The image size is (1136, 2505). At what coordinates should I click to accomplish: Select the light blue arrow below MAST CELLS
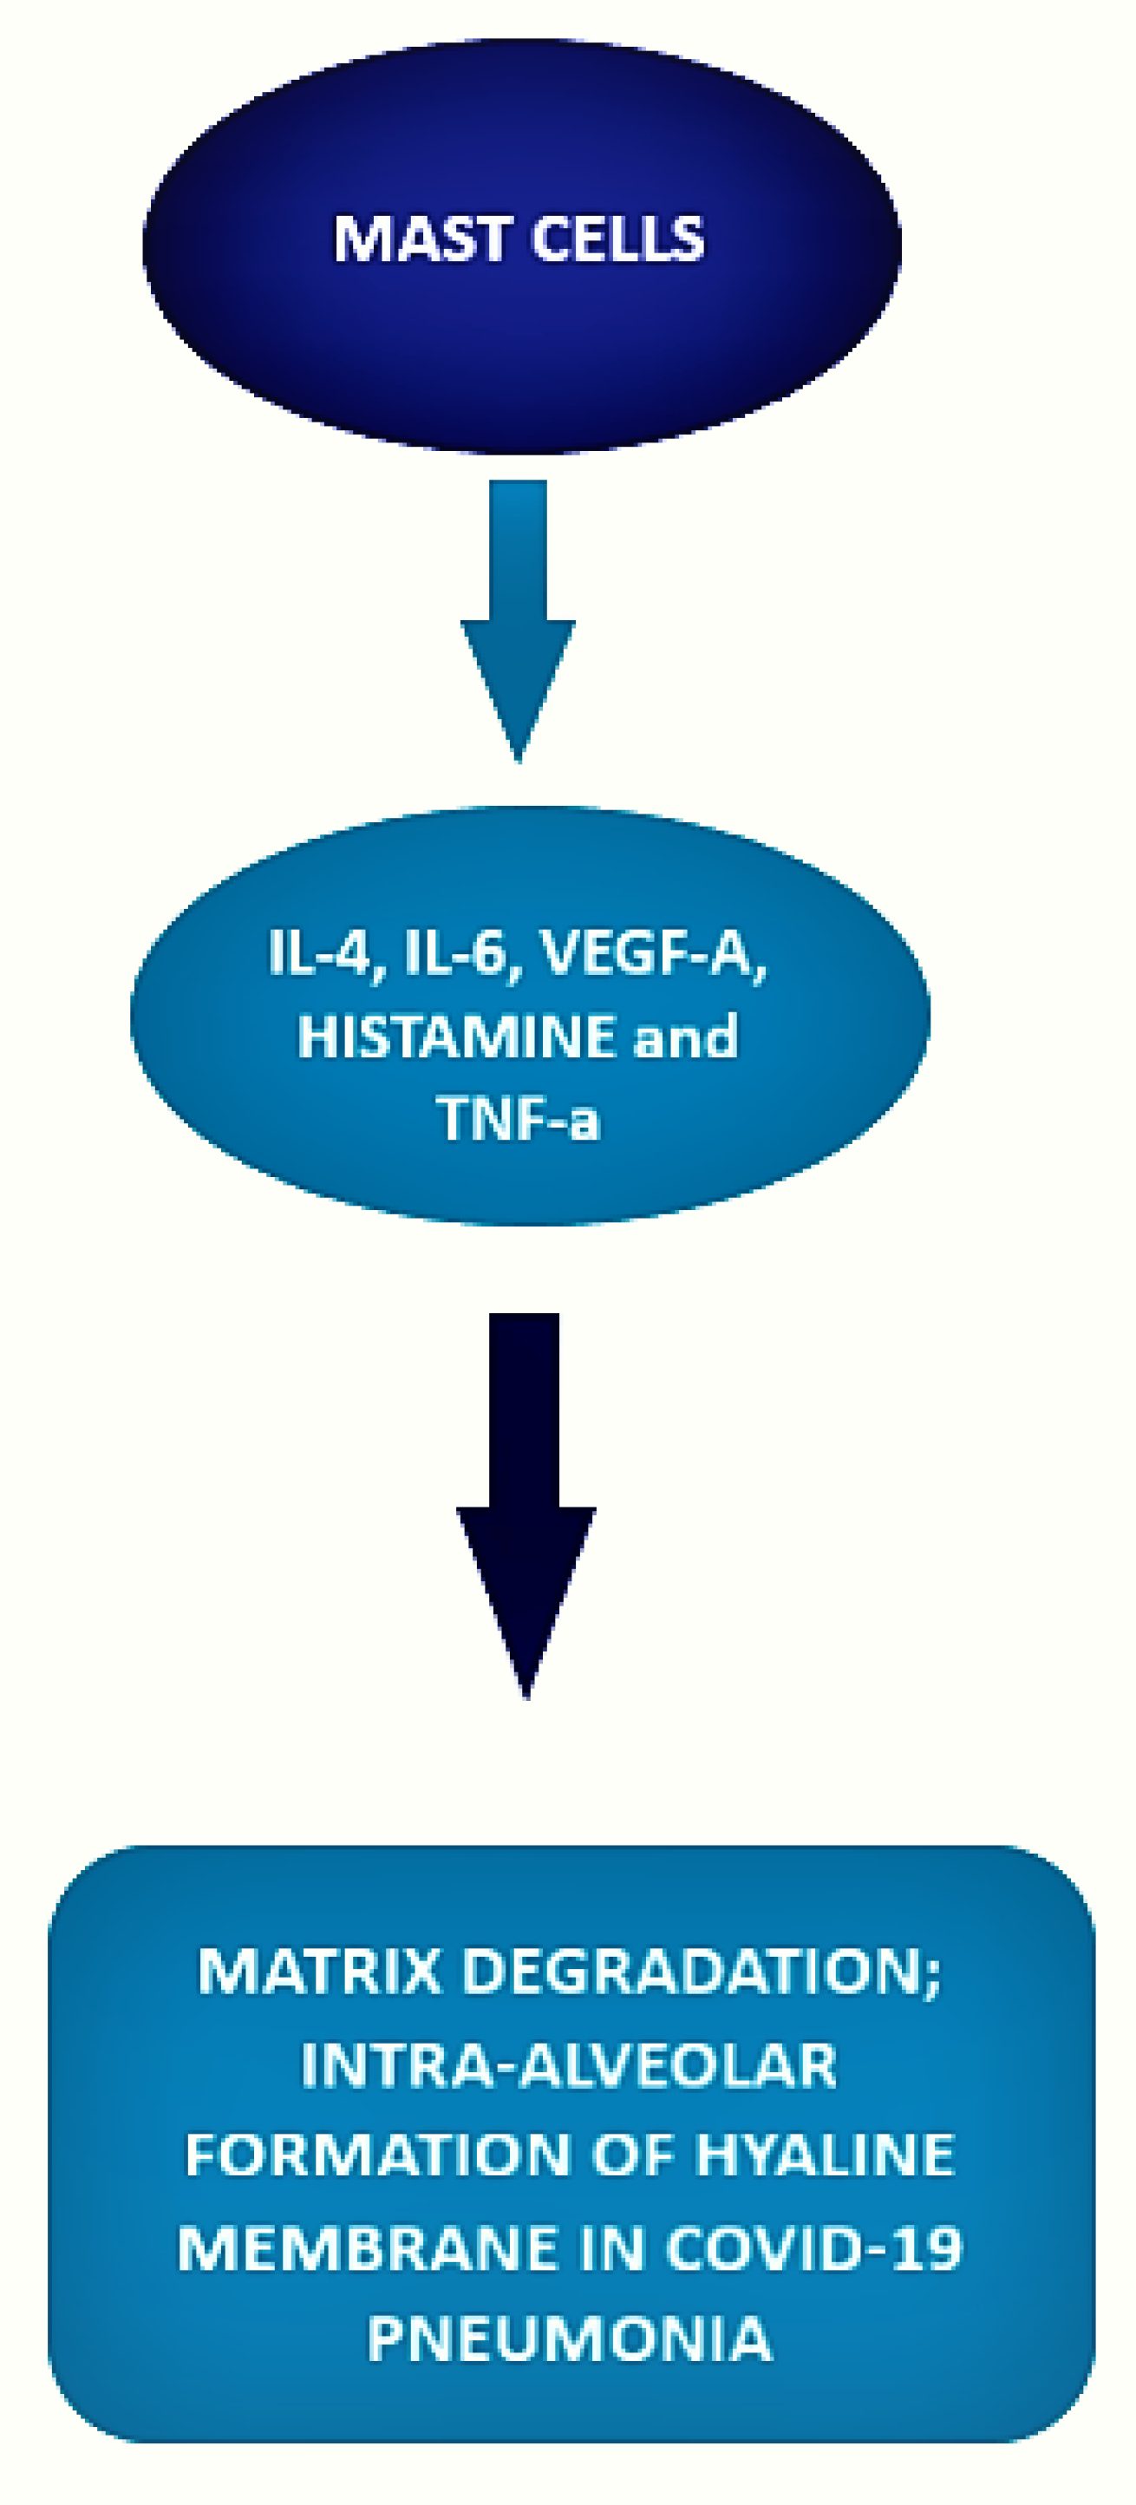click(x=519, y=621)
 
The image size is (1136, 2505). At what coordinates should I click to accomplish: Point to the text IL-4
click(x=320, y=954)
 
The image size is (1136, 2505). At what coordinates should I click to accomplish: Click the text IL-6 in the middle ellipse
click(x=455, y=954)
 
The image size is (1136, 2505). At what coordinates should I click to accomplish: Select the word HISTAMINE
click(x=456, y=1037)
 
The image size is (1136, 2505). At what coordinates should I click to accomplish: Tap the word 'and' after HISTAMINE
click(x=686, y=1037)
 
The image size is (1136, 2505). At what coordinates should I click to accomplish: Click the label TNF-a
click(x=519, y=1119)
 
